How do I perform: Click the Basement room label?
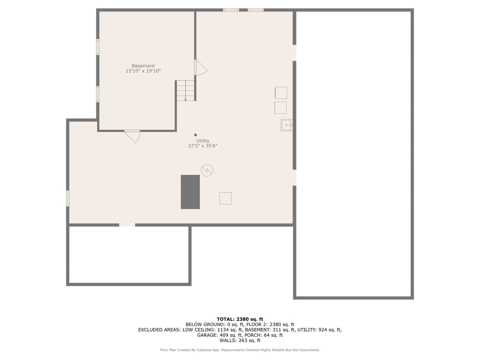click(143, 66)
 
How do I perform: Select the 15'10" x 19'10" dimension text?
click(143, 71)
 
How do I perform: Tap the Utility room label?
click(203, 141)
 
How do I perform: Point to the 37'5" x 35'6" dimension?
click(203, 146)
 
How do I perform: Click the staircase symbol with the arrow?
click(186, 90)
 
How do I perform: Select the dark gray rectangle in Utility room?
click(190, 192)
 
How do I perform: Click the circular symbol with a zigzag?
click(207, 170)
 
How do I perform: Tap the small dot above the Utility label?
click(195, 135)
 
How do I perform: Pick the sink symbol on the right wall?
click(286, 125)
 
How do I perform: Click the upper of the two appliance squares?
click(281, 93)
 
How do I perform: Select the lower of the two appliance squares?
click(280, 108)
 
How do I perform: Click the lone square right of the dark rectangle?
click(225, 198)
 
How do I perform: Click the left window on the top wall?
click(231, 10)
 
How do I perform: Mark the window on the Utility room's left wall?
click(68, 198)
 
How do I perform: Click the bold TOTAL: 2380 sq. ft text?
click(240, 319)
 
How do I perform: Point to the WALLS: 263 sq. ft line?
click(240, 340)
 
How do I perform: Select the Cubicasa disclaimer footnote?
click(240, 350)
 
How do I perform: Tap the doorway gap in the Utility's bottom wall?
click(127, 225)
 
